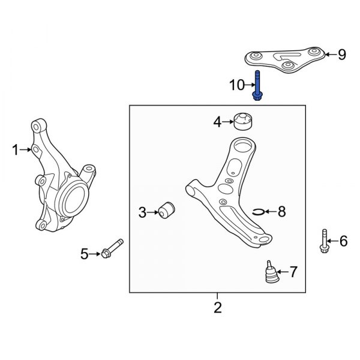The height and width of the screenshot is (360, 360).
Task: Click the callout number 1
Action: (x=16, y=150)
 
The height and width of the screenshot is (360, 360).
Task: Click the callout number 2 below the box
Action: (x=218, y=308)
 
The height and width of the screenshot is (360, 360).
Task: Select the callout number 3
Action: (x=142, y=212)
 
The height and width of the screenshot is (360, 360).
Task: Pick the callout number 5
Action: (x=85, y=254)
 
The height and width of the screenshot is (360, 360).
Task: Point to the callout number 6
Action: (x=343, y=241)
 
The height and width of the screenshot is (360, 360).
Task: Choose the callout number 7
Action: (x=293, y=272)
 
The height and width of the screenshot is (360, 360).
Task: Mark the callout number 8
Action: (x=281, y=211)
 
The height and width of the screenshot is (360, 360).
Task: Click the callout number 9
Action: (x=341, y=55)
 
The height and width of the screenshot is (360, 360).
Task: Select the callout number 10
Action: (x=237, y=86)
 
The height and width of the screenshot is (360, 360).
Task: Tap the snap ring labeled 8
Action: (x=259, y=211)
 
